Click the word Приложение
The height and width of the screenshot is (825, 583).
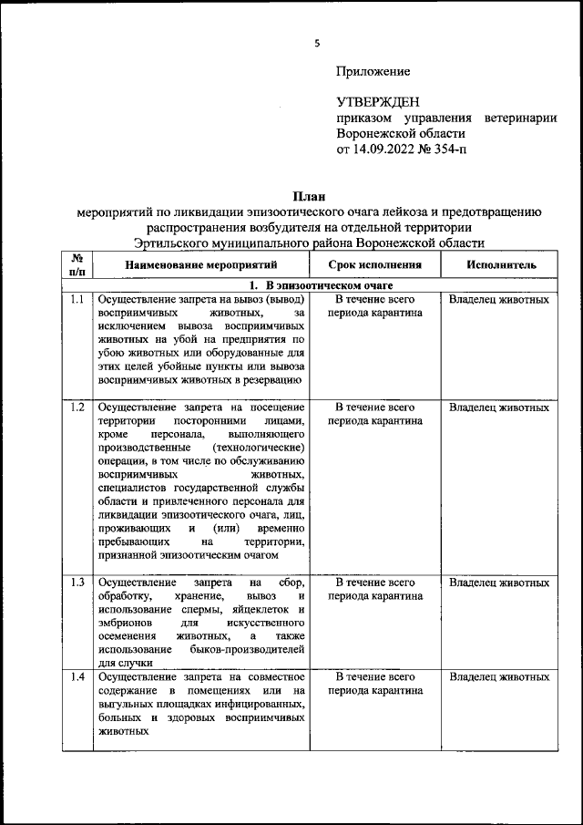point(373,71)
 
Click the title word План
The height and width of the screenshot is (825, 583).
point(309,195)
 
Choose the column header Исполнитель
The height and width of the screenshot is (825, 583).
point(499,265)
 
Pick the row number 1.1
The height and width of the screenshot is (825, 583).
point(77,300)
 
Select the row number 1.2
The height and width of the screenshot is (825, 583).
point(77,407)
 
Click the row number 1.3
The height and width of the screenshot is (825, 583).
point(77,582)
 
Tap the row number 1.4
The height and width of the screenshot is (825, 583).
point(77,677)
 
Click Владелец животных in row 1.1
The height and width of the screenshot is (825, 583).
point(499,300)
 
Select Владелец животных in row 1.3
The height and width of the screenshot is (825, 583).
point(499,582)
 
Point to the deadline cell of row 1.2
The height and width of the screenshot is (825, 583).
point(374,415)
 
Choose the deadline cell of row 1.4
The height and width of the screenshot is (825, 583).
point(374,685)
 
